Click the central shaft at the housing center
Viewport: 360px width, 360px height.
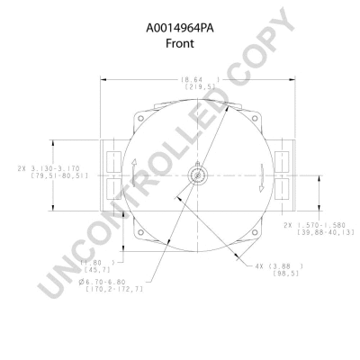(x=195, y=174)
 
